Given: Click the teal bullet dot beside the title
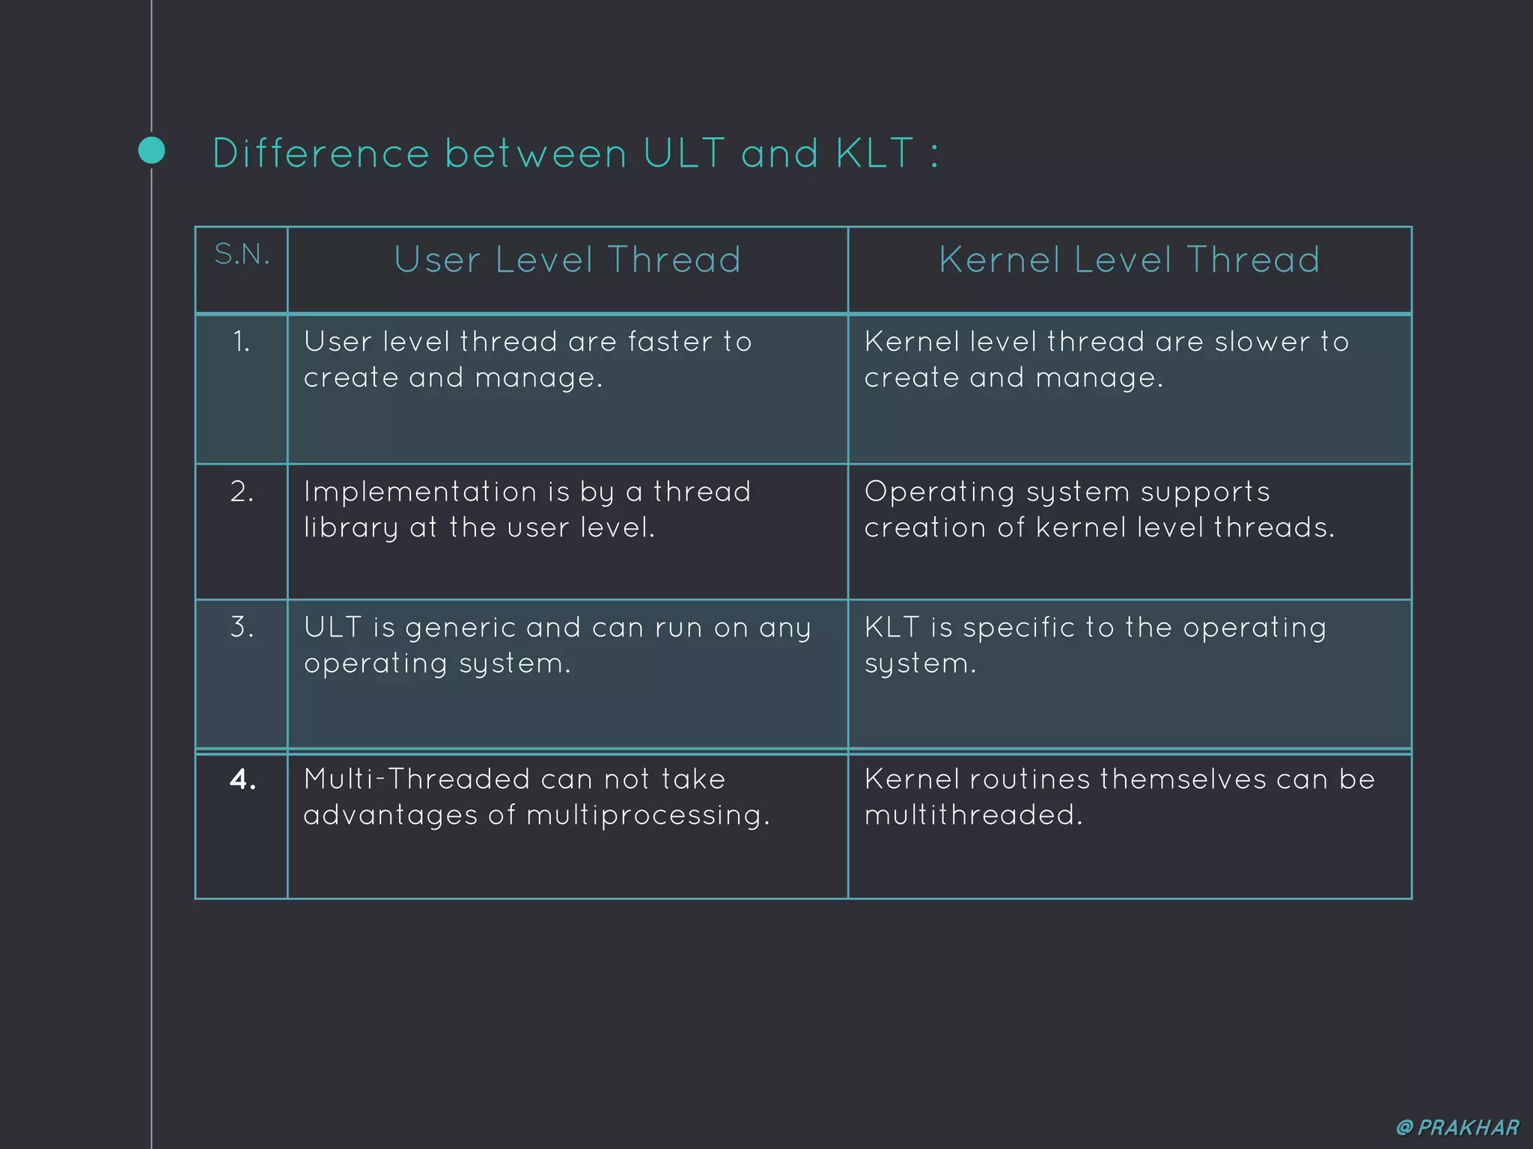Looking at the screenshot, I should [x=152, y=150].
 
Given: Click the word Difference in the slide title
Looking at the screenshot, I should [x=321, y=154].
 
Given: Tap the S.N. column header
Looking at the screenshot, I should [x=242, y=255].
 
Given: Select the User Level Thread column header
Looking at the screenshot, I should [x=567, y=260].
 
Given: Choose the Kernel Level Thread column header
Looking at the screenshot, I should [x=1130, y=260].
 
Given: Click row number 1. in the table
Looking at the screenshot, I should [x=241, y=343].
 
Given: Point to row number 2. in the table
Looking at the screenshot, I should [x=242, y=492].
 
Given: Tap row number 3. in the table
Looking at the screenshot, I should [x=242, y=628].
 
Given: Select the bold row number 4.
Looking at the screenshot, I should [x=243, y=780].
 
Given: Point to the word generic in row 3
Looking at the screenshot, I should [x=460, y=628].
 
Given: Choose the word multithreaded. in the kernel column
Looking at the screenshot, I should [x=974, y=815].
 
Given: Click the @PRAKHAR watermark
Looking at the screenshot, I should [x=1457, y=1127].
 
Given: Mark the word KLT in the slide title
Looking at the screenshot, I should [x=875, y=154].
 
